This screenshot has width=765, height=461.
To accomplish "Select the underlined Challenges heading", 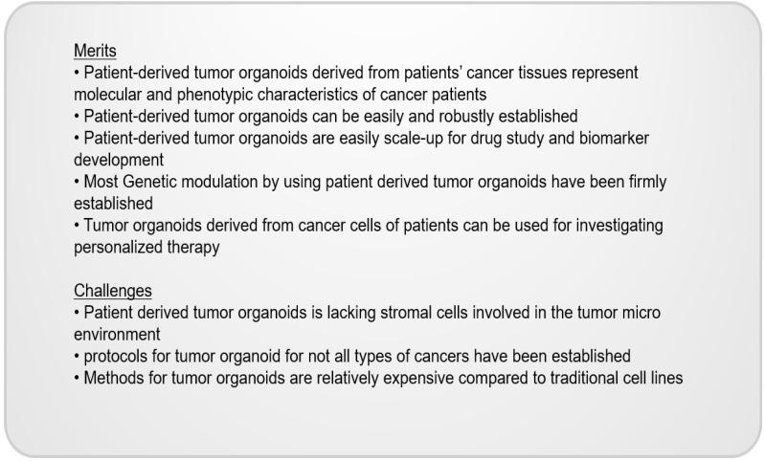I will (x=112, y=290).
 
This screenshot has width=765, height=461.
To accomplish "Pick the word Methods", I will (x=113, y=378).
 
